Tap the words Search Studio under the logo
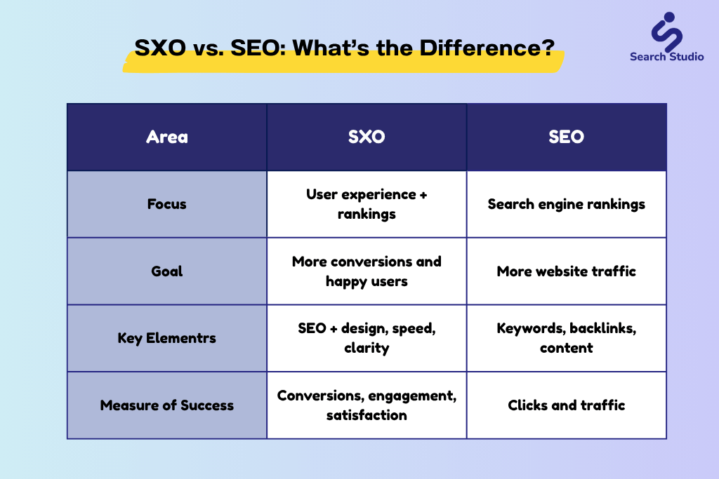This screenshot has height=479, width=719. point(667,57)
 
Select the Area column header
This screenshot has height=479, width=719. point(167,137)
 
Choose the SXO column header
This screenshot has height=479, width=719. point(367,137)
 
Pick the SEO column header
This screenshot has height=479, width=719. point(567,137)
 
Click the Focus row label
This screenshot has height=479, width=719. point(167,204)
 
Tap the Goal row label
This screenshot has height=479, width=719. point(167,271)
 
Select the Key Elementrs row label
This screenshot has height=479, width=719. point(167,338)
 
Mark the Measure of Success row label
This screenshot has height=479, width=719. point(167,405)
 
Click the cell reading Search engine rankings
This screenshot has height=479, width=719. point(567,204)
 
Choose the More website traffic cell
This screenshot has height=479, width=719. point(567,271)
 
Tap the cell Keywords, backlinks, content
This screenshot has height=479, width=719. point(567,338)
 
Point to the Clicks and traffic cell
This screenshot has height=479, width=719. point(567,405)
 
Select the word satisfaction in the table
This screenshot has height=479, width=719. point(367,415)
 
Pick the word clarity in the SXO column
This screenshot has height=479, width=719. point(367,349)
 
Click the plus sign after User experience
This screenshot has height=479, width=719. point(423,195)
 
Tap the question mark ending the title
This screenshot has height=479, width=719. point(548,48)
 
